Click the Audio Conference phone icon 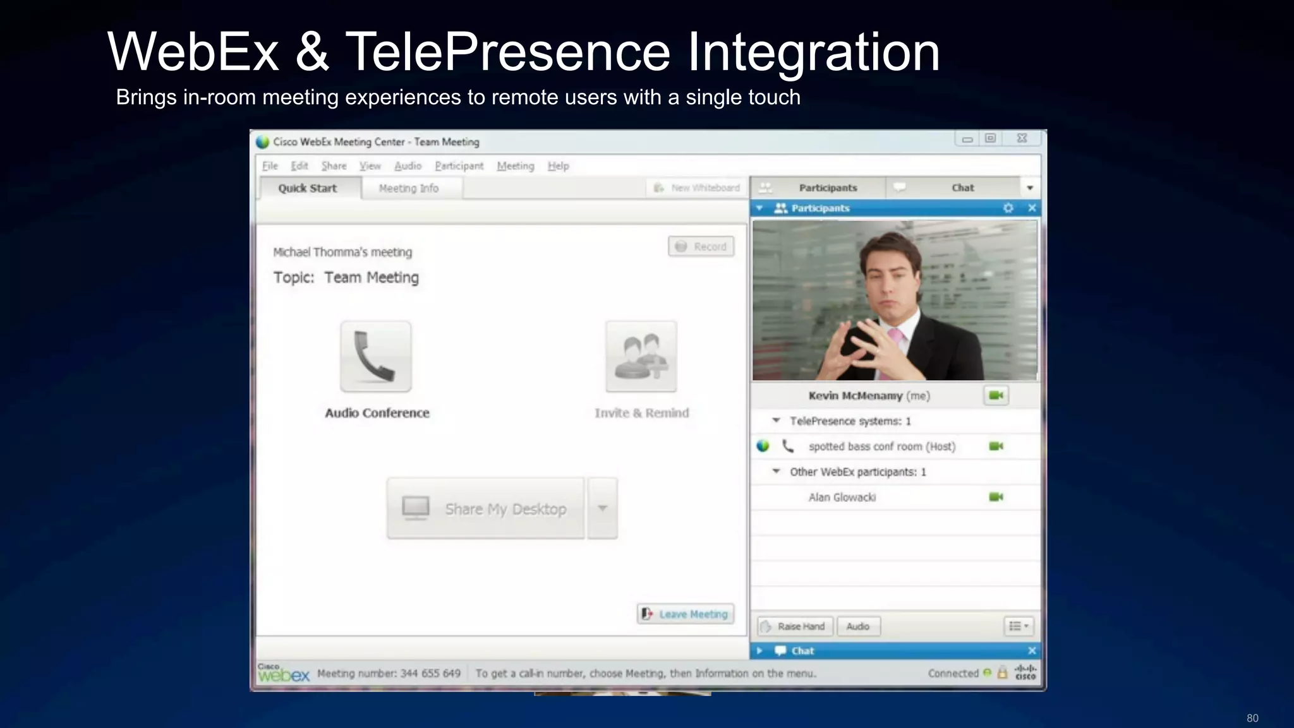[x=376, y=357]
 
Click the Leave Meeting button [x=686, y=614]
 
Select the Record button [x=701, y=246]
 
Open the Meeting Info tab [x=409, y=188]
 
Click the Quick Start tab [x=308, y=188]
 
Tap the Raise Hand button [x=795, y=626]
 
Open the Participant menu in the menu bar [x=459, y=166]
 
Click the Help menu [x=558, y=166]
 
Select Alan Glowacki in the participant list [x=842, y=498]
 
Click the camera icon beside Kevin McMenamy [x=996, y=396]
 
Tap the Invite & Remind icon [x=641, y=357]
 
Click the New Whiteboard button [x=697, y=188]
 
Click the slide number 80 [x=1252, y=719]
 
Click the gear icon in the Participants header [x=1008, y=208]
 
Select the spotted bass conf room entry [x=881, y=446]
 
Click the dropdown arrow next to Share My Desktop [x=603, y=508]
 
